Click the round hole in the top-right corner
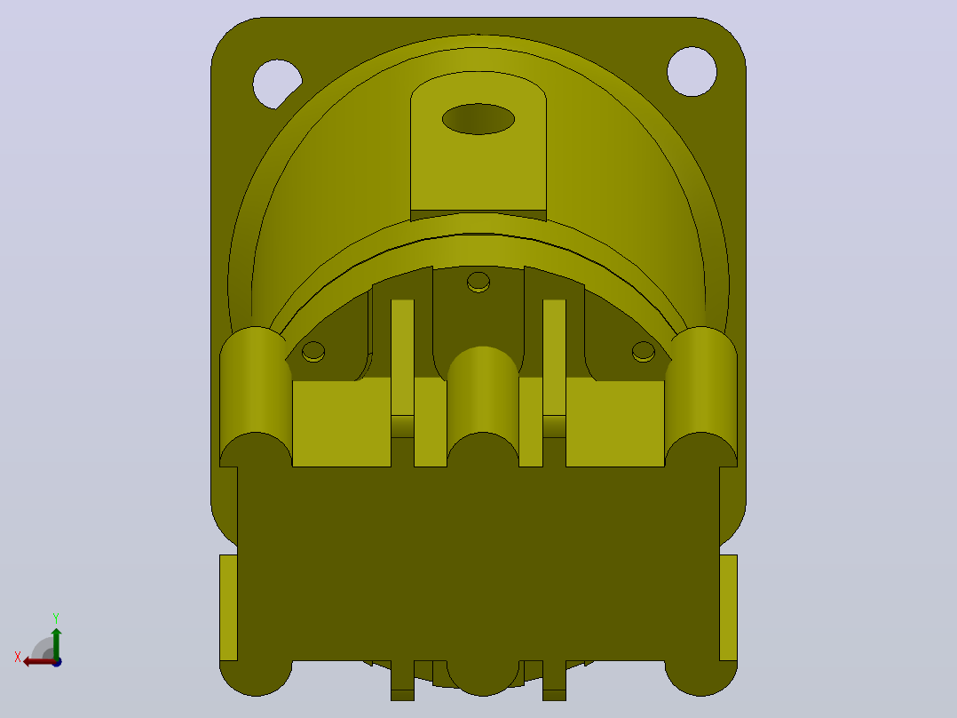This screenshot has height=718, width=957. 692,71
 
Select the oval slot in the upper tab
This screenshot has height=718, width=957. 478,119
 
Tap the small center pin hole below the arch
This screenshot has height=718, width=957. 478,282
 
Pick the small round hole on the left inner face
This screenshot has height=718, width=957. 313,351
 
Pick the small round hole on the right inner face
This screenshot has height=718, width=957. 644,351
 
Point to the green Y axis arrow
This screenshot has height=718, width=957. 56,642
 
